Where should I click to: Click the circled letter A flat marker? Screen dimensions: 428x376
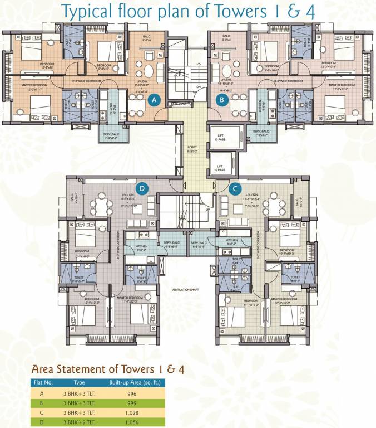[156, 100]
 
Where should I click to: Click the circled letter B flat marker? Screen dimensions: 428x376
[222, 100]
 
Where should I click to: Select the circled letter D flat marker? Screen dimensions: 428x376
[142, 189]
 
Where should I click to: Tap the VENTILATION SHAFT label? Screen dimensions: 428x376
[186, 290]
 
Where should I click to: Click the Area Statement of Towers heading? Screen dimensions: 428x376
[108, 369]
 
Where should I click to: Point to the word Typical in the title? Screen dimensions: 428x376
[83, 12]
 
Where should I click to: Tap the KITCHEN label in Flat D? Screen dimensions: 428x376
[141, 246]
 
